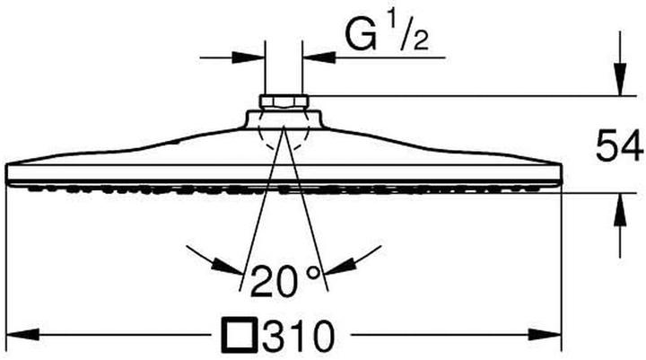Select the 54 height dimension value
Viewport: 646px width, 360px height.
(620, 145)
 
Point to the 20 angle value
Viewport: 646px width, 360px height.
(273, 281)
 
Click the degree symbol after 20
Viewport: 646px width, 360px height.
(313, 273)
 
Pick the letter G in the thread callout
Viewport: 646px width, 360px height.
(361, 35)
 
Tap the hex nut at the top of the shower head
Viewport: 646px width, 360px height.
(284, 102)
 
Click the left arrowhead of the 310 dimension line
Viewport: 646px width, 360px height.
(23, 335)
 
